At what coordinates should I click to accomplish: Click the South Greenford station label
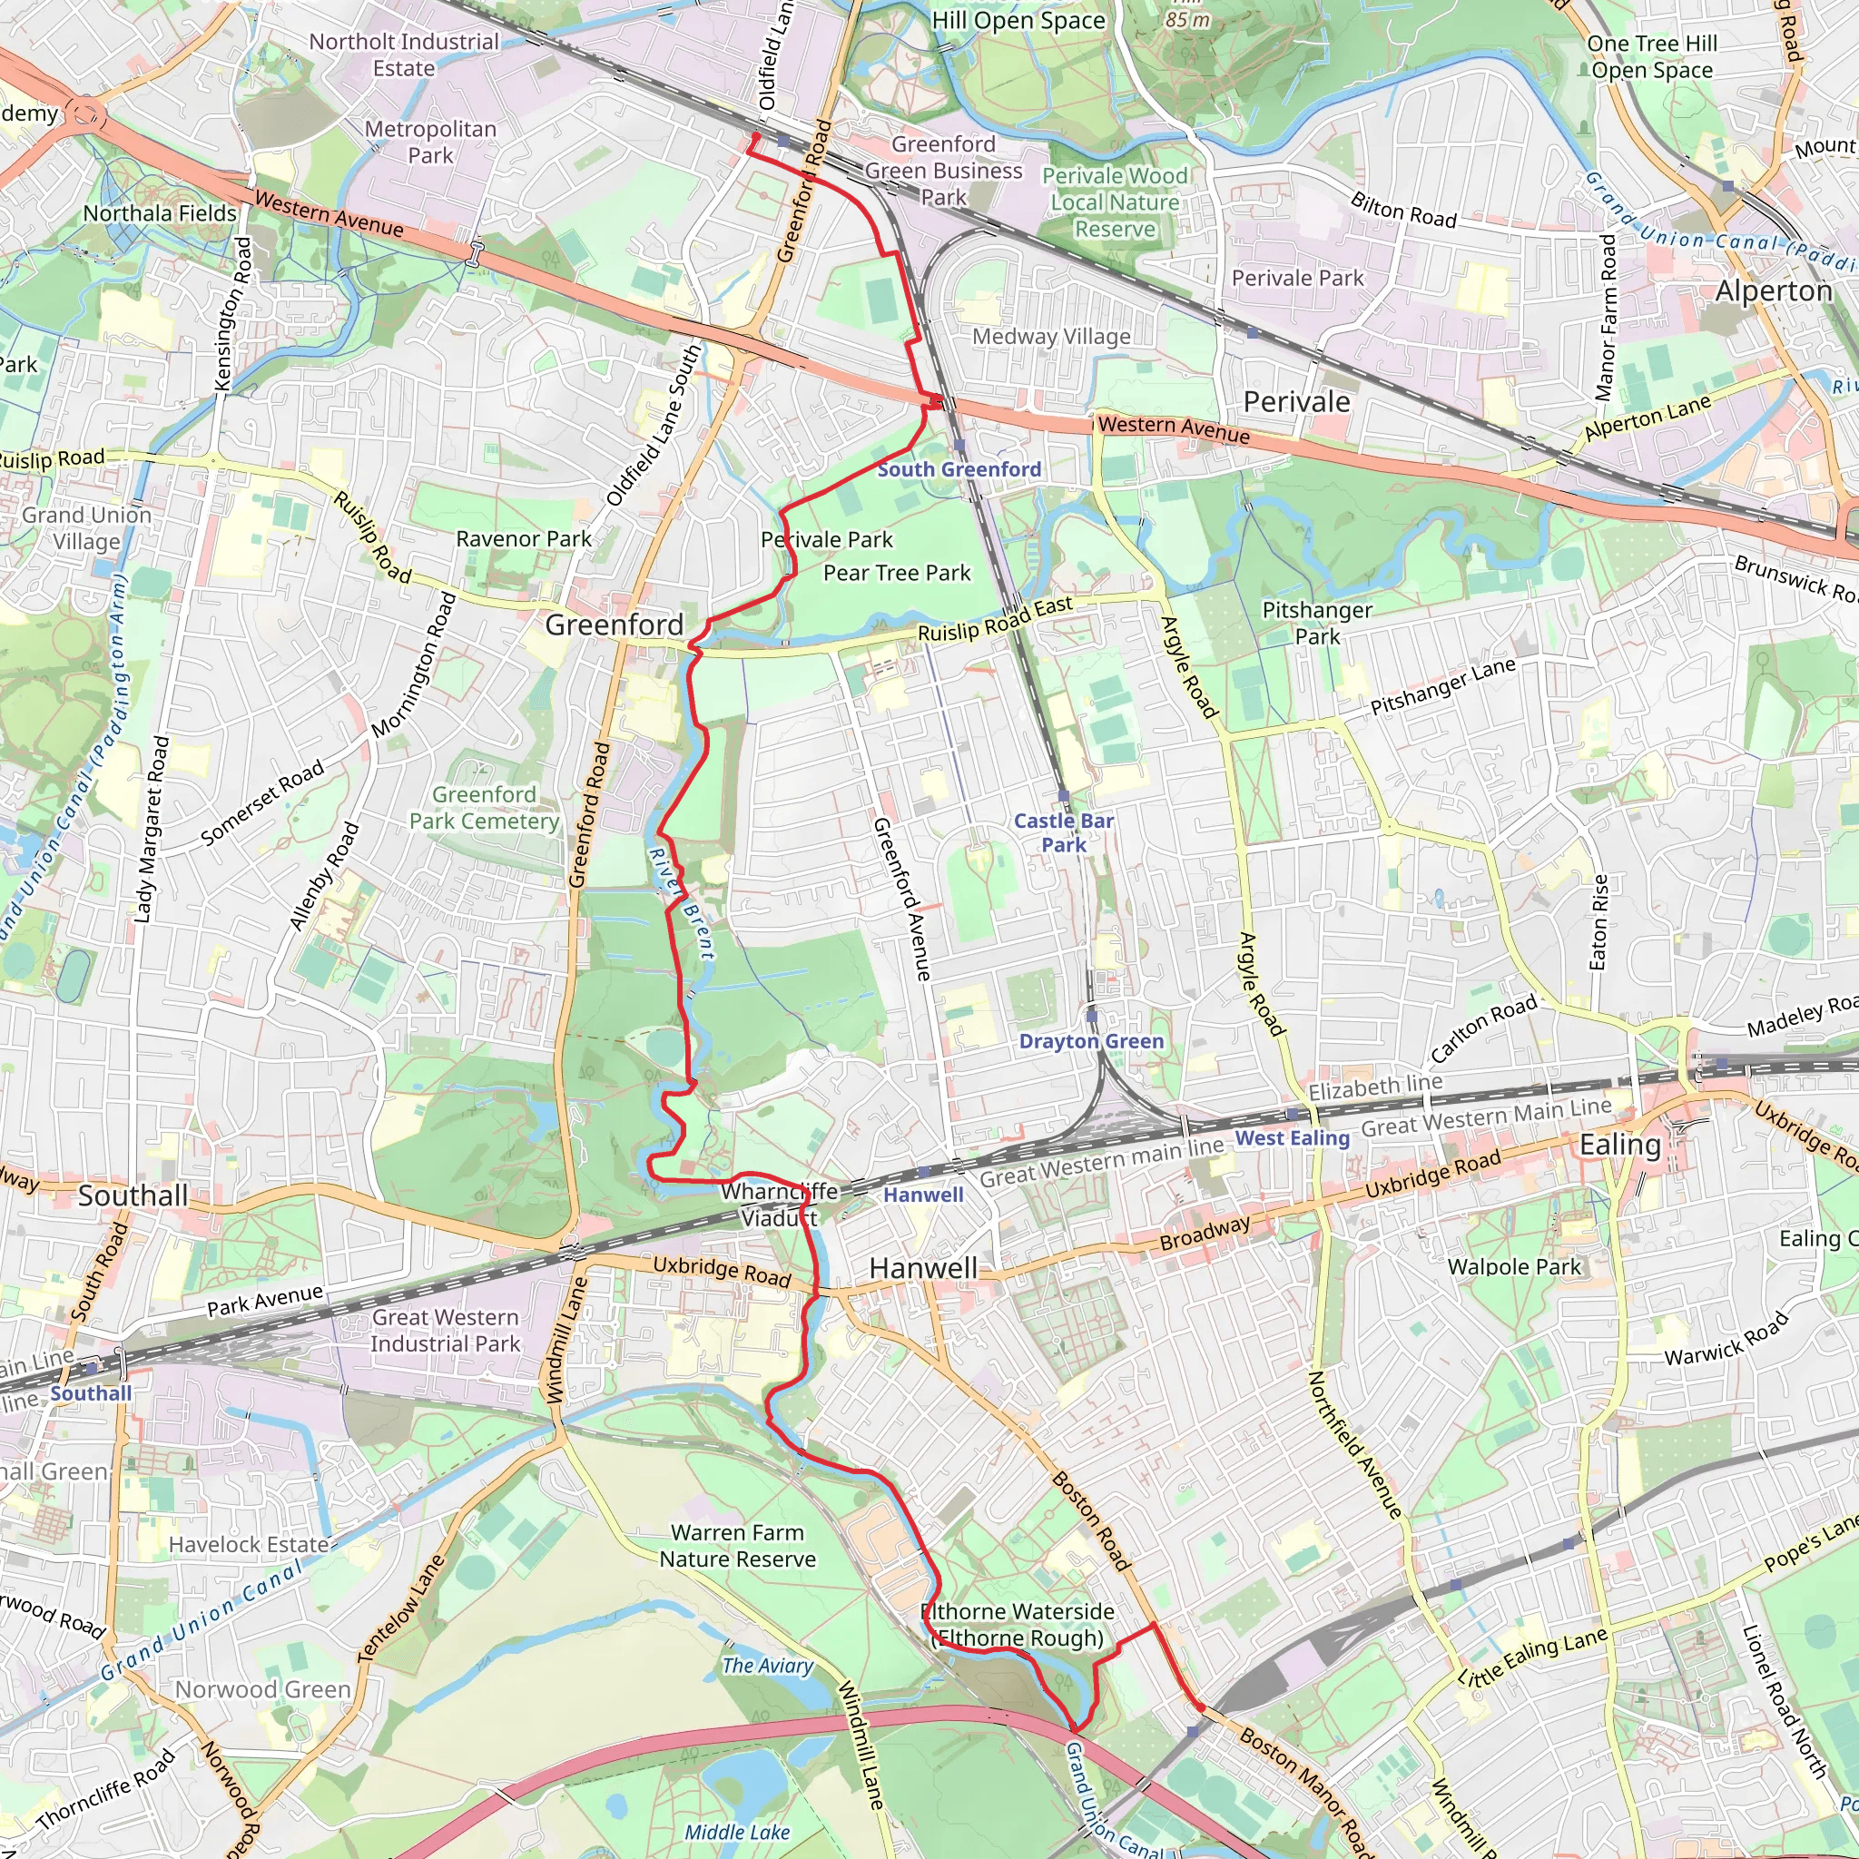[x=959, y=469]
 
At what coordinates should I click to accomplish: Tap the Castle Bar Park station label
[x=1063, y=832]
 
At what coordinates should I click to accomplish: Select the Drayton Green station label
[x=1091, y=1041]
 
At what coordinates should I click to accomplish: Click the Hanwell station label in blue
[x=923, y=1195]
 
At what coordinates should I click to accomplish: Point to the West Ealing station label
[x=1292, y=1138]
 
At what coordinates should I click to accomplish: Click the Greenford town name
[x=614, y=625]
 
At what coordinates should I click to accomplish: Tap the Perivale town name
[x=1296, y=402]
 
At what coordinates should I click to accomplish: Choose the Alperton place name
[x=1774, y=291]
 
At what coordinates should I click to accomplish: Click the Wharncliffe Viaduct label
[x=780, y=1205]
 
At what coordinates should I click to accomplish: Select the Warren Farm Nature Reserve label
[x=737, y=1546]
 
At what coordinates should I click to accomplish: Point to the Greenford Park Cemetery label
[x=484, y=808]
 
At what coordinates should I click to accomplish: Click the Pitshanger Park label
[x=1316, y=624]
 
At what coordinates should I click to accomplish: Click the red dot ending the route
[x=1200, y=1708]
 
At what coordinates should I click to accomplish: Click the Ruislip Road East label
[x=995, y=620]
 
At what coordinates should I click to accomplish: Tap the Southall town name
[x=133, y=1196]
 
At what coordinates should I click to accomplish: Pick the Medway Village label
[x=1051, y=337]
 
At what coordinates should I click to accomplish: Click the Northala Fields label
[x=160, y=213]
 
